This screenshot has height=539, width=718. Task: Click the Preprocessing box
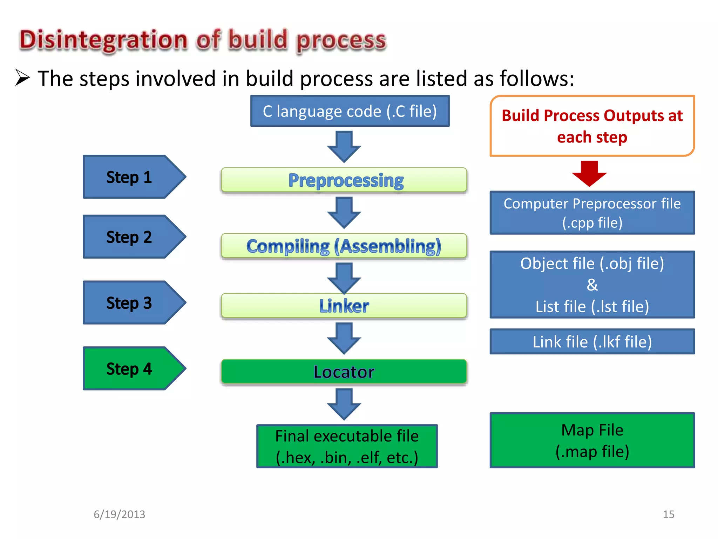[344, 180]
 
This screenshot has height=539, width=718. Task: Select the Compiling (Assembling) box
[344, 246]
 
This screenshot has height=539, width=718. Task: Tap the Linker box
[344, 306]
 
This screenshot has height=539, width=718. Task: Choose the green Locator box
[344, 372]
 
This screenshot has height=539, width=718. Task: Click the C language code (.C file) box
[350, 111]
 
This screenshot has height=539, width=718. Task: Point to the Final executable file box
[347, 446]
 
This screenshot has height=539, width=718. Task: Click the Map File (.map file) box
[592, 440]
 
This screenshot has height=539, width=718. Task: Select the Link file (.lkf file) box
[592, 341]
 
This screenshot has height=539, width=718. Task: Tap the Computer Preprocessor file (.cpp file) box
[592, 213]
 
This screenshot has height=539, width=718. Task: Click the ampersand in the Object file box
[592, 285]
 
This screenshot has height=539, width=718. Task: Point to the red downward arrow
[589, 173]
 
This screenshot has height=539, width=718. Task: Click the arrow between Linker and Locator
[344, 338]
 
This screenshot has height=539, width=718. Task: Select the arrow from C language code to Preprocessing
[344, 146]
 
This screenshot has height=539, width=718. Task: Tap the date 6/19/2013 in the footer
[119, 514]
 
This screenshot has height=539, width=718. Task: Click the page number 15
[668, 514]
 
